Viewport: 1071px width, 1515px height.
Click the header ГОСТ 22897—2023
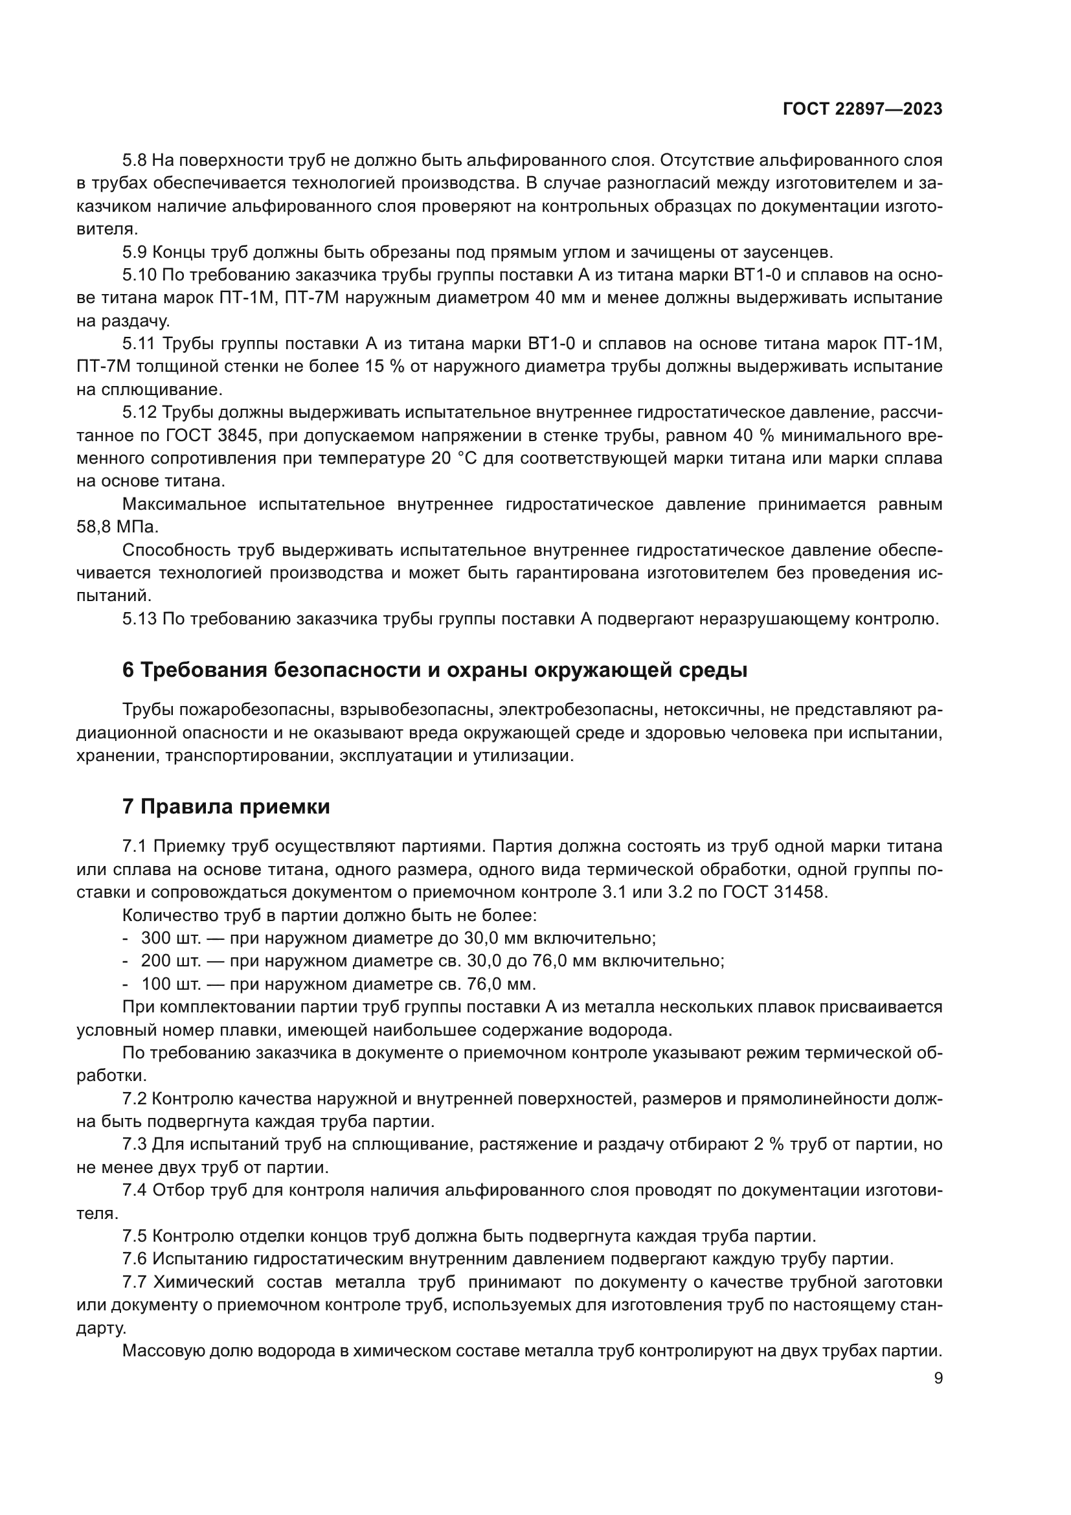coord(862,109)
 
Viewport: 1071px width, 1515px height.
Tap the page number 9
coord(938,1378)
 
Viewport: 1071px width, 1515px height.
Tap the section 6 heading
coord(434,670)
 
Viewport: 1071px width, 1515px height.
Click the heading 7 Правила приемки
coord(225,807)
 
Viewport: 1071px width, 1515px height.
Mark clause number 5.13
coord(139,619)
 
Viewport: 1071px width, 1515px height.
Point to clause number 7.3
coord(135,1144)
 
